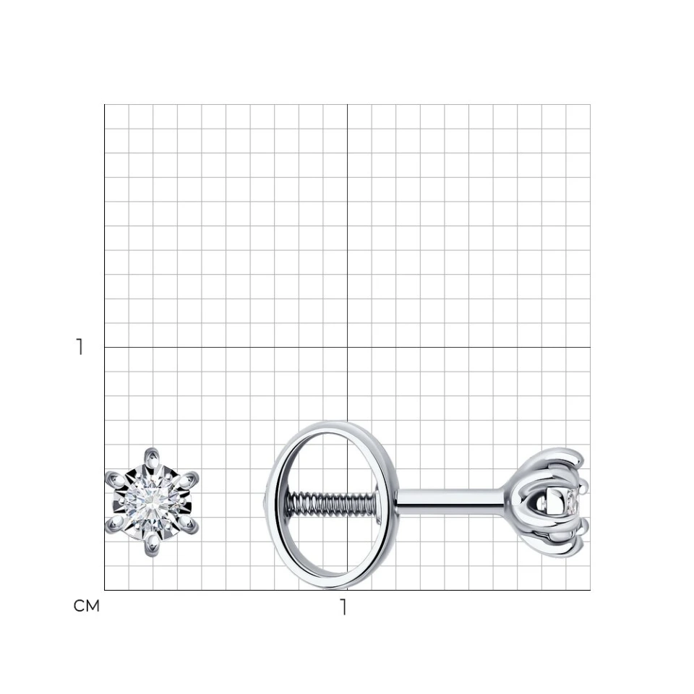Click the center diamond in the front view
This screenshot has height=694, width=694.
(x=152, y=502)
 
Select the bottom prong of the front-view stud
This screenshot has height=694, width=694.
(x=152, y=546)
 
